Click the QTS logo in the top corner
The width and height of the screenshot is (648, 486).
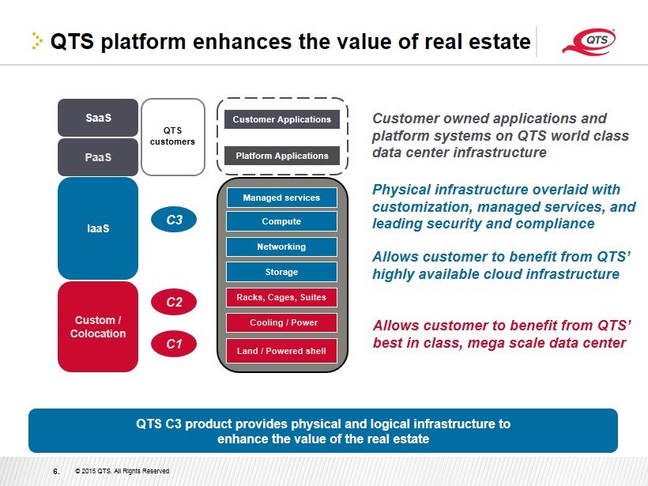(x=590, y=41)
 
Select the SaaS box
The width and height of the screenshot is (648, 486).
(x=98, y=118)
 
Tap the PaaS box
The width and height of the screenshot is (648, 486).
(x=98, y=157)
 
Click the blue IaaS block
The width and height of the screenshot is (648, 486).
(x=98, y=228)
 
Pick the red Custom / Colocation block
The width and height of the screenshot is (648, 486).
(x=98, y=326)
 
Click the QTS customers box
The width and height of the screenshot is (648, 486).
(x=173, y=137)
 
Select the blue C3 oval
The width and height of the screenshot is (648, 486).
(x=174, y=220)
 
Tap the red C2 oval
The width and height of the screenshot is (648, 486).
(x=174, y=302)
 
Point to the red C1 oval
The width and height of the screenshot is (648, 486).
(x=174, y=344)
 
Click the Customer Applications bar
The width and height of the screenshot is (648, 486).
(x=282, y=119)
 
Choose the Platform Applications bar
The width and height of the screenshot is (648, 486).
(x=282, y=156)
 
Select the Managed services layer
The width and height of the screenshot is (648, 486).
(x=281, y=198)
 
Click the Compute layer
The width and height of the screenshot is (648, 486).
(x=281, y=221)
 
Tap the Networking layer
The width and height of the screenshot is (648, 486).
(x=281, y=247)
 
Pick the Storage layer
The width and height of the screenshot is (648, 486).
(x=281, y=272)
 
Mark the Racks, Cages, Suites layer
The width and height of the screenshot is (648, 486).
(x=281, y=297)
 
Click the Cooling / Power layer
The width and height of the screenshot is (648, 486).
(x=281, y=322)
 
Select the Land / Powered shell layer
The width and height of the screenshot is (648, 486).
(x=281, y=351)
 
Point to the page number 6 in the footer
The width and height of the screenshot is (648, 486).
(x=56, y=471)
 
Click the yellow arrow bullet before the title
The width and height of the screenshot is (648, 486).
(x=37, y=41)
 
